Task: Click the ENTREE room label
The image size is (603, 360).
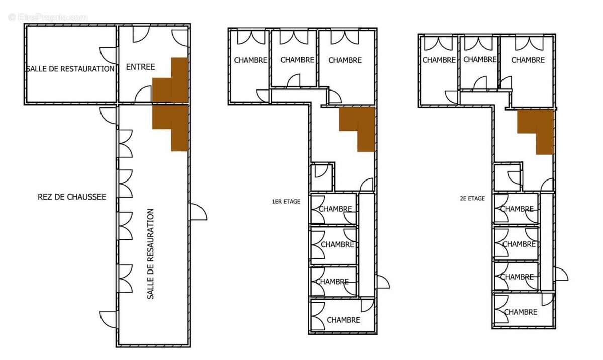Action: [x=141, y=67]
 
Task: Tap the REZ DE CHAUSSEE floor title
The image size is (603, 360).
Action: [x=72, y=197]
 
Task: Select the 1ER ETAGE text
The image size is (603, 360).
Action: [x=286, y=202]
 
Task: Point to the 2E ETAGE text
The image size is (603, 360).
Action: [x=472, y=199]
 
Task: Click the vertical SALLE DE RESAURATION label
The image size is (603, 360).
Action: [x=150, y=254]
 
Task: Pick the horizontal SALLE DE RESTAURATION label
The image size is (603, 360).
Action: [x=71, y=69]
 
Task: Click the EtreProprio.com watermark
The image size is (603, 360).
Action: [x=48, y=18]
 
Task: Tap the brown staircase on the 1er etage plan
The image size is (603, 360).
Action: [x=357, y=129]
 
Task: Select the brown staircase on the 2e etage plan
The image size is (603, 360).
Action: [x=536, y=132]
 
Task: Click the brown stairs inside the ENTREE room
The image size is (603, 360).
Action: [x=170, y=80]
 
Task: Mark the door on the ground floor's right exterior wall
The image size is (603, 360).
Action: [x=198, y=212]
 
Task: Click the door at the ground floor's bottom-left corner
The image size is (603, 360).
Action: [x=109, y=320]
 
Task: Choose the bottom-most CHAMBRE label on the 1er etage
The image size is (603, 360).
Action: [x=344, y=320]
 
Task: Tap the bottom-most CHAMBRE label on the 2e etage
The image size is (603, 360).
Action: [x=521, y=312]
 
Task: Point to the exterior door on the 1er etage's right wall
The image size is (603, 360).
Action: [x=382, y=282]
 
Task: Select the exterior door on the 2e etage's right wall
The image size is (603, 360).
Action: [x=561, y=275]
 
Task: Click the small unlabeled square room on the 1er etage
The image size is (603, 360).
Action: [x=322, y=177]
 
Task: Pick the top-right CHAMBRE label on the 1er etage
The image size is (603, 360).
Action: [x=345, y=60]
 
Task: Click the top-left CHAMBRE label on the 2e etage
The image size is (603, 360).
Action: [x=439, y=60]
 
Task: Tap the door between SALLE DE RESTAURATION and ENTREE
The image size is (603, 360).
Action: [x=108, y=55]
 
